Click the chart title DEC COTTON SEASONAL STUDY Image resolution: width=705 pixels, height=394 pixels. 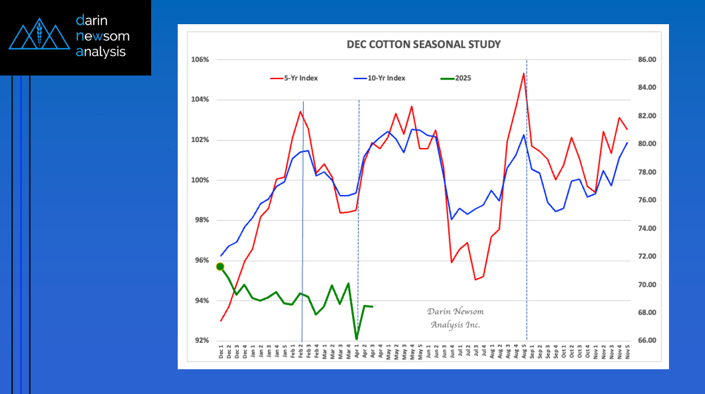tap(423, 44)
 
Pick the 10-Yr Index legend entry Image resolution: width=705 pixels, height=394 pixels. tap(387, 78)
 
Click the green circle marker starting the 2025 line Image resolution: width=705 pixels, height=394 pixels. tap(220, 267)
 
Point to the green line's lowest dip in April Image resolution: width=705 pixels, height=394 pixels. tap(357, 339)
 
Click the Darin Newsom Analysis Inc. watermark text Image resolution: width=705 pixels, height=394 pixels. tap(455, 318)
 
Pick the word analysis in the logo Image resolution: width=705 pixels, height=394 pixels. tap(101, 52)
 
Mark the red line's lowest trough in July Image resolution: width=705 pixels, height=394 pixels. tap(475, 280)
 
